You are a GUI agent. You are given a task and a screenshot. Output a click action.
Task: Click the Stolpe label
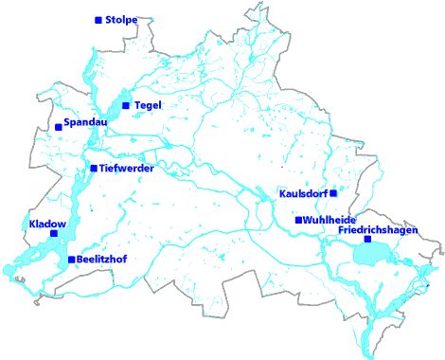122,20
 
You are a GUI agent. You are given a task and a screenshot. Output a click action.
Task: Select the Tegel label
150,104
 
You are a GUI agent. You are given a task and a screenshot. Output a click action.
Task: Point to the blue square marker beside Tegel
125,105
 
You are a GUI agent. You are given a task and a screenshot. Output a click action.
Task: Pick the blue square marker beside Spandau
59,126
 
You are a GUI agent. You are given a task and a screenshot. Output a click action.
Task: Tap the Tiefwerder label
127,168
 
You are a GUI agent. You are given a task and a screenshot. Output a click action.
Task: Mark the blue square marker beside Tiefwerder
93,168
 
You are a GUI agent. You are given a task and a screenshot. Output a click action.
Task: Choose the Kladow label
47,225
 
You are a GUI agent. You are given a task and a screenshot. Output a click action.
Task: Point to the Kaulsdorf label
303,193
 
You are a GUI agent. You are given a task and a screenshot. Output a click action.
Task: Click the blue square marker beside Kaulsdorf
332,193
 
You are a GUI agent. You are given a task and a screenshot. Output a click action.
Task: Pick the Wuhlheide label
329,220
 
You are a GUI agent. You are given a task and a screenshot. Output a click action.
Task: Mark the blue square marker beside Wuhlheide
298,220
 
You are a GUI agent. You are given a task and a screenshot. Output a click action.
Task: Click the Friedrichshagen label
378,229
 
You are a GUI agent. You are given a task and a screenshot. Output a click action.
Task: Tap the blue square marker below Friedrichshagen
368,239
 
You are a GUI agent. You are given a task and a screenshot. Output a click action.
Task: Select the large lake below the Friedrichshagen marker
372,253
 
